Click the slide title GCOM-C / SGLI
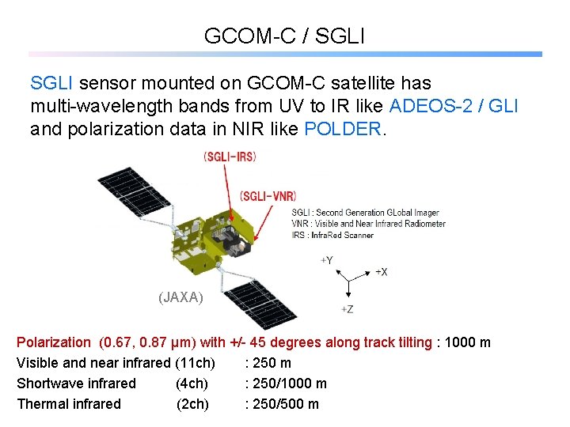point(284,36)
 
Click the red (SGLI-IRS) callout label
point(230,157)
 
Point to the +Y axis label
point(326,259)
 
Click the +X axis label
point(381,271)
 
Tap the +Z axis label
point(347,308)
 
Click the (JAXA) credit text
point(180,297)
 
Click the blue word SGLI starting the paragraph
point(52,83)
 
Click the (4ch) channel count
point(192,384)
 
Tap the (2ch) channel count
point(192,404)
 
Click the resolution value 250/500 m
point(286,404)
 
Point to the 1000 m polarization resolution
point(468,342)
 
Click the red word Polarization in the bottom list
point(54,342)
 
